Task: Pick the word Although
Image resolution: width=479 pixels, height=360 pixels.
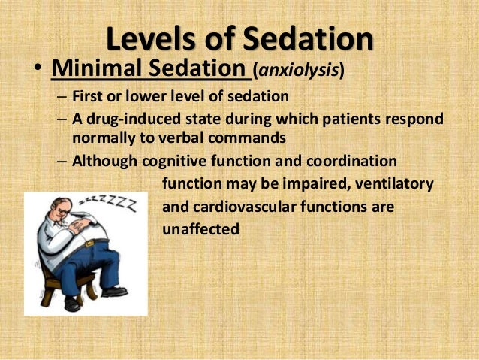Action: point(106,162)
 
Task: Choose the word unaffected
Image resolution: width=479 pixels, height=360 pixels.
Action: point(200,229)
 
